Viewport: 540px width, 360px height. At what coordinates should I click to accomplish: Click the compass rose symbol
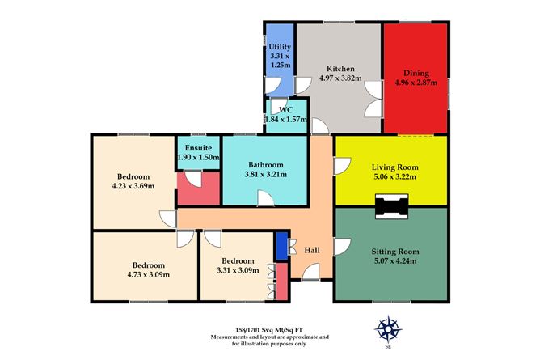(x=388, y=329)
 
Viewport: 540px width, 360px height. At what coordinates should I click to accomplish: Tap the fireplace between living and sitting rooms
(x=391, y=206)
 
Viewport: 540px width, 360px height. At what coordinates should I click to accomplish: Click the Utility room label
(x=280, y=46)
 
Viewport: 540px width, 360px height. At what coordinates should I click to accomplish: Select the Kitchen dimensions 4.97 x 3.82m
(x=340, y=78)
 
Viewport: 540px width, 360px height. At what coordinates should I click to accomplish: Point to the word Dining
(x=416, y=73)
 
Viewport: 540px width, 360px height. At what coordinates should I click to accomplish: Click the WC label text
(x=285, y=110)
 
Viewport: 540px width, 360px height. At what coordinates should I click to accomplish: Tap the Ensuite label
(x=198, y=148)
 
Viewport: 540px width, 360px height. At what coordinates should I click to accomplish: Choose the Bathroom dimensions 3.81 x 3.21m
(x=265, y=174)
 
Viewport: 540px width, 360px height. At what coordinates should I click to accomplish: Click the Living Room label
(x=395, y=167)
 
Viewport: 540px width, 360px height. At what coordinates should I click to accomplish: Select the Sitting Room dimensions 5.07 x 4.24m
(x=395, y=261)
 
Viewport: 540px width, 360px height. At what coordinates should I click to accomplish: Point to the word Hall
(x=312, y=250)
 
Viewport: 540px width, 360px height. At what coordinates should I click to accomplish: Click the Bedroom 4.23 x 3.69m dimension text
(x=133, y=186)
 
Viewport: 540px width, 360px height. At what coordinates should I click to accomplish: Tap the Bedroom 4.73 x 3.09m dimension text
(x=149, y=275)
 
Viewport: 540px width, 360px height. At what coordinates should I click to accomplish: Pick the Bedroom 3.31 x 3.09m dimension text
(x=238, y=270)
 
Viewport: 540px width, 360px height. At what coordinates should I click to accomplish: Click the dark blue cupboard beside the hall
(x=282, y=246)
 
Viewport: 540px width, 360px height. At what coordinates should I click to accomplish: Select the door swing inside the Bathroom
(x=265, y=198)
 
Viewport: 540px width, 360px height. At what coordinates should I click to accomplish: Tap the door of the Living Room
(x=342, y=166)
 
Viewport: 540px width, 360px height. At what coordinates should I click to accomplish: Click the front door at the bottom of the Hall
(x=311, y=272)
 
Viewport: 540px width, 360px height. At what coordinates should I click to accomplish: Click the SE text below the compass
(x=389, y=347)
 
